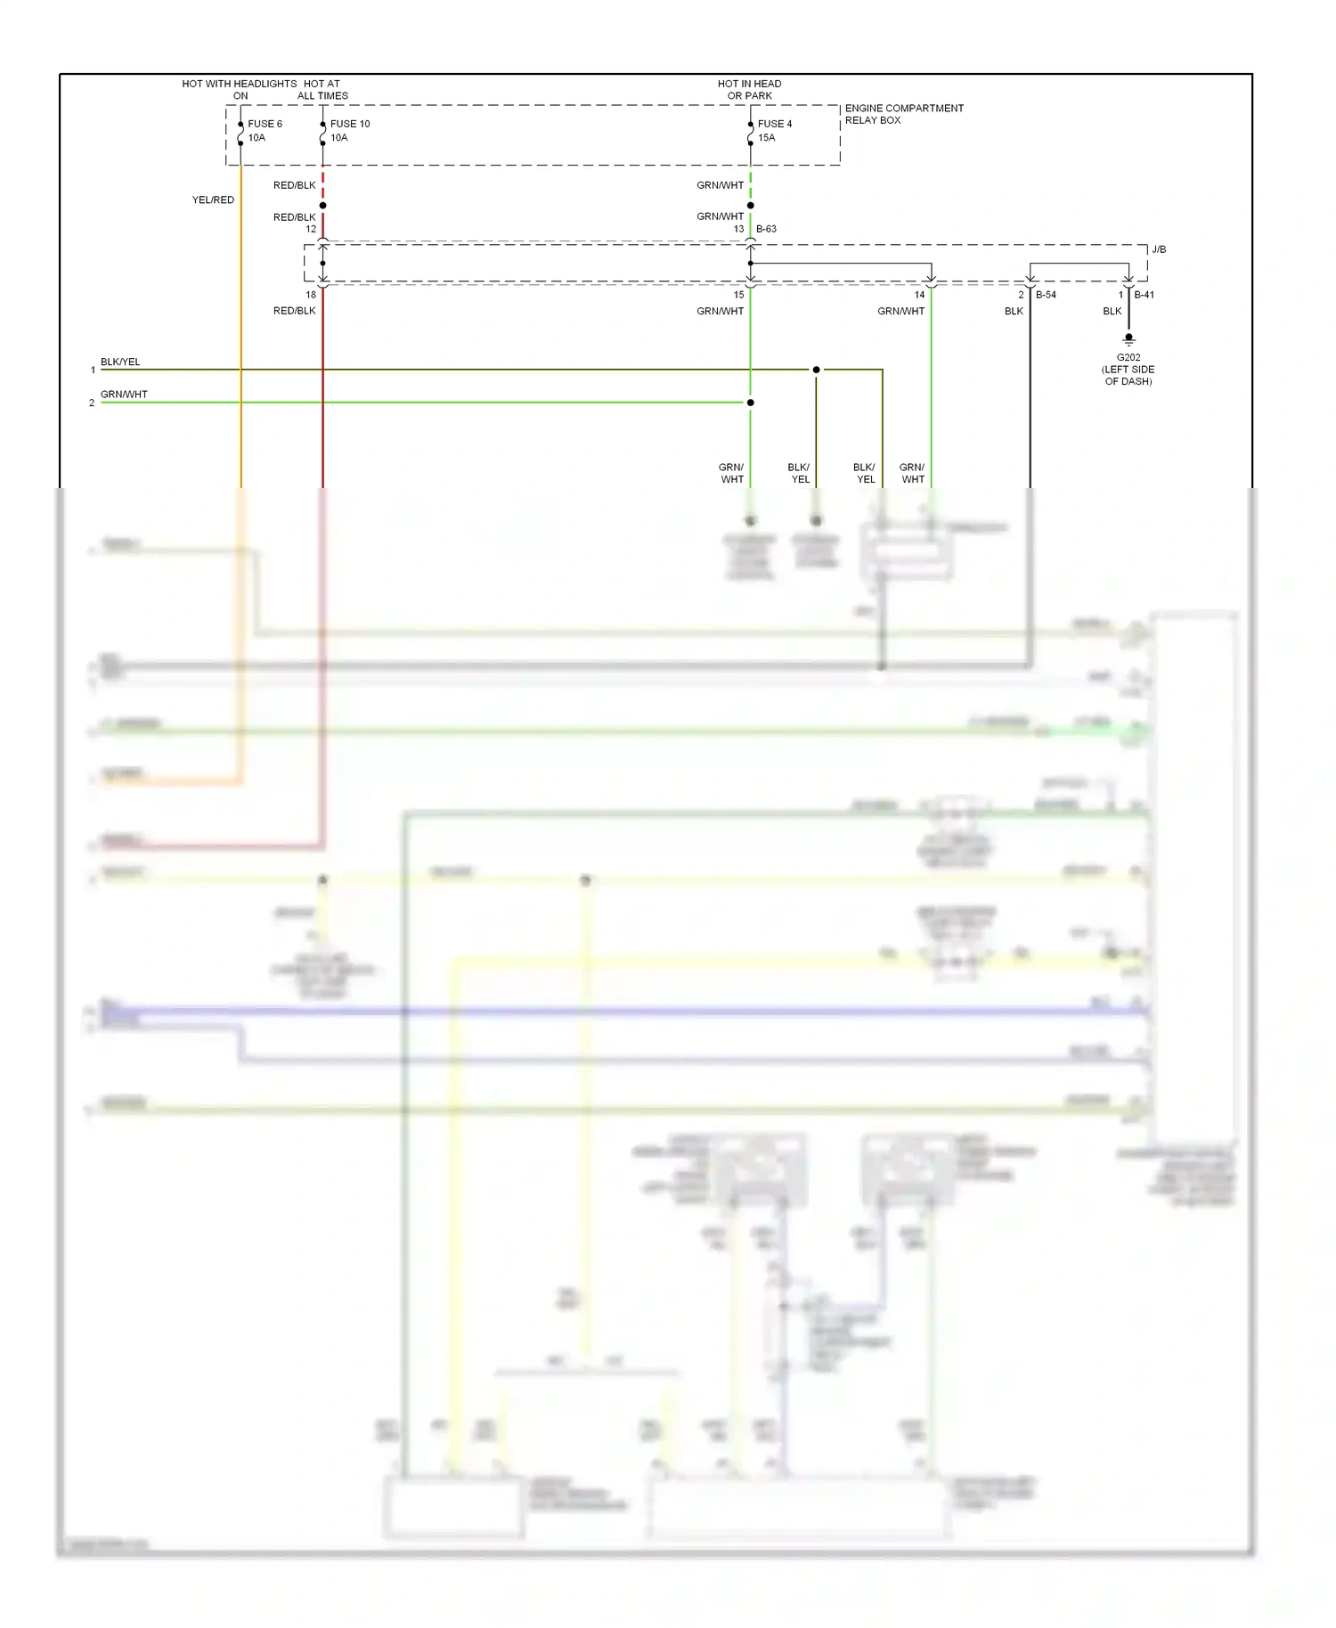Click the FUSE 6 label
pos(265,124)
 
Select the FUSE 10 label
pos(350,124)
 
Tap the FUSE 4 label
pos(774,124)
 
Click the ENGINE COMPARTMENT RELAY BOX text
pos(903,114)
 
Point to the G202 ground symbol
pos(1128,339)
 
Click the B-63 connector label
pos(766,229)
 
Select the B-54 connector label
pos(1046,295)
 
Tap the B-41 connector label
pos(1144,295)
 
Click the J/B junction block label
pos(1158,249)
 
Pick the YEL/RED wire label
pos(213,199)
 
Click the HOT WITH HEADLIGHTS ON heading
pos(240,89)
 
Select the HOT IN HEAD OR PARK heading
pos(749,89)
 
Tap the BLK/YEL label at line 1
pos(120,362)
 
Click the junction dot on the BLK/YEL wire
pos(816,370)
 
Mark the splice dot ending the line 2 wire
pos(750,403)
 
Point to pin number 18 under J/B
pos(311,295)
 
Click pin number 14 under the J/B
pos(919,295)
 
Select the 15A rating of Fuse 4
pos(766,138)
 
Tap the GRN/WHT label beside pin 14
pos(900,311)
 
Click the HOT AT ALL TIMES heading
pos(322,89)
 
